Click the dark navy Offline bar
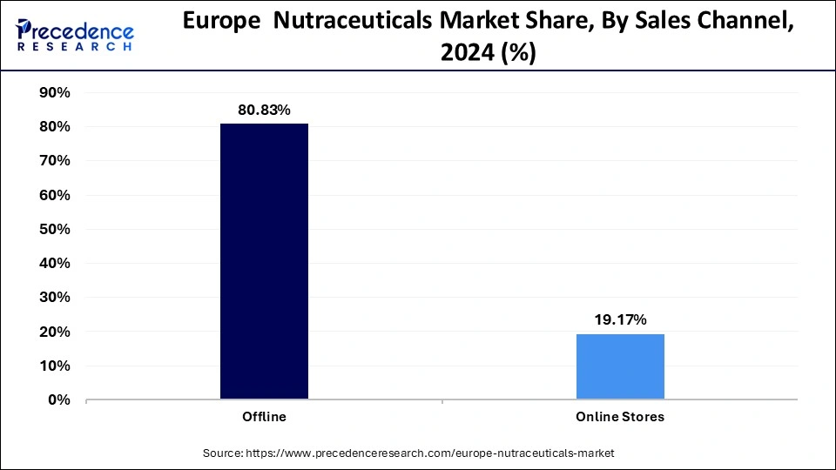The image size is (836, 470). click(x=264, y=261)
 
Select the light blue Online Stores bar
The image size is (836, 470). click(x=620, y=366)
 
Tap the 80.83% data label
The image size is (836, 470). click(x=264, y=111)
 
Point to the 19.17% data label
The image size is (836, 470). click(x=620, y=320)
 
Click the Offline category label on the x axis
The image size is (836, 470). click(x=264, y=417)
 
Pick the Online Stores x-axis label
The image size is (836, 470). click(x=620, y=417)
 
